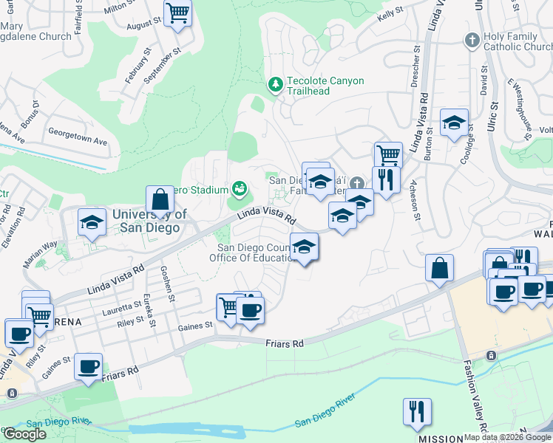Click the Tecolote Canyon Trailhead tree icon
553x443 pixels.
coord(276,86)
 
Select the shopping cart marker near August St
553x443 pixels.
coord(178,13)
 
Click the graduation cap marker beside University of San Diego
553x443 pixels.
coord(92,222)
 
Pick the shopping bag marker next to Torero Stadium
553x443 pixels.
coord(160,199)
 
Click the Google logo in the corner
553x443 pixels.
coord(24,434)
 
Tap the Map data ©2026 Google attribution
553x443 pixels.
coord(506,437)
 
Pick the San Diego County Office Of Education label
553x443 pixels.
coord(256,253)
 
